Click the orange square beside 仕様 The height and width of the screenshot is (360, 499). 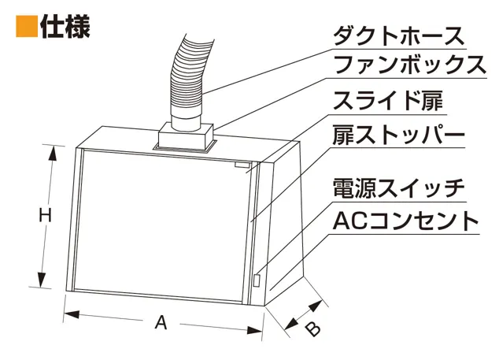point(27,27)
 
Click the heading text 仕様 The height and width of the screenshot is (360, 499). point(65,27)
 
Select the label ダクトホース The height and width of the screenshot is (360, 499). point(399,37)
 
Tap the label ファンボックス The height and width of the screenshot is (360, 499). point(409,65)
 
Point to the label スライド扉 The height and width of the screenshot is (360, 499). point(387,101)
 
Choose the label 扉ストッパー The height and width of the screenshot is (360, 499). point(398,135)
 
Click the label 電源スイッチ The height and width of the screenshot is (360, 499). point(398,188)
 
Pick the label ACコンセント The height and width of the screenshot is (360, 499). point(406,221)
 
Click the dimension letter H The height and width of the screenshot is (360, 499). point(45,216)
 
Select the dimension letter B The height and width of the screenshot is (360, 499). point(312,328)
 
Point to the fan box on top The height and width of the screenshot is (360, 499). point(186,136)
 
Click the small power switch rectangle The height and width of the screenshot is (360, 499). point(257,280)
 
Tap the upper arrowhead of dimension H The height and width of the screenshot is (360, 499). point(53,153)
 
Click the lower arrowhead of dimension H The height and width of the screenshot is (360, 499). point(42,280)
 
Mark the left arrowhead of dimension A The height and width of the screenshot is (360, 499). point(72,314)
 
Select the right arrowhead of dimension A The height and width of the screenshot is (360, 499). point(255,330)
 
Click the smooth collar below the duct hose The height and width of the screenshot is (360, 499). point(187,119)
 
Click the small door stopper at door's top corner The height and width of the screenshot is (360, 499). point(242,165)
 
